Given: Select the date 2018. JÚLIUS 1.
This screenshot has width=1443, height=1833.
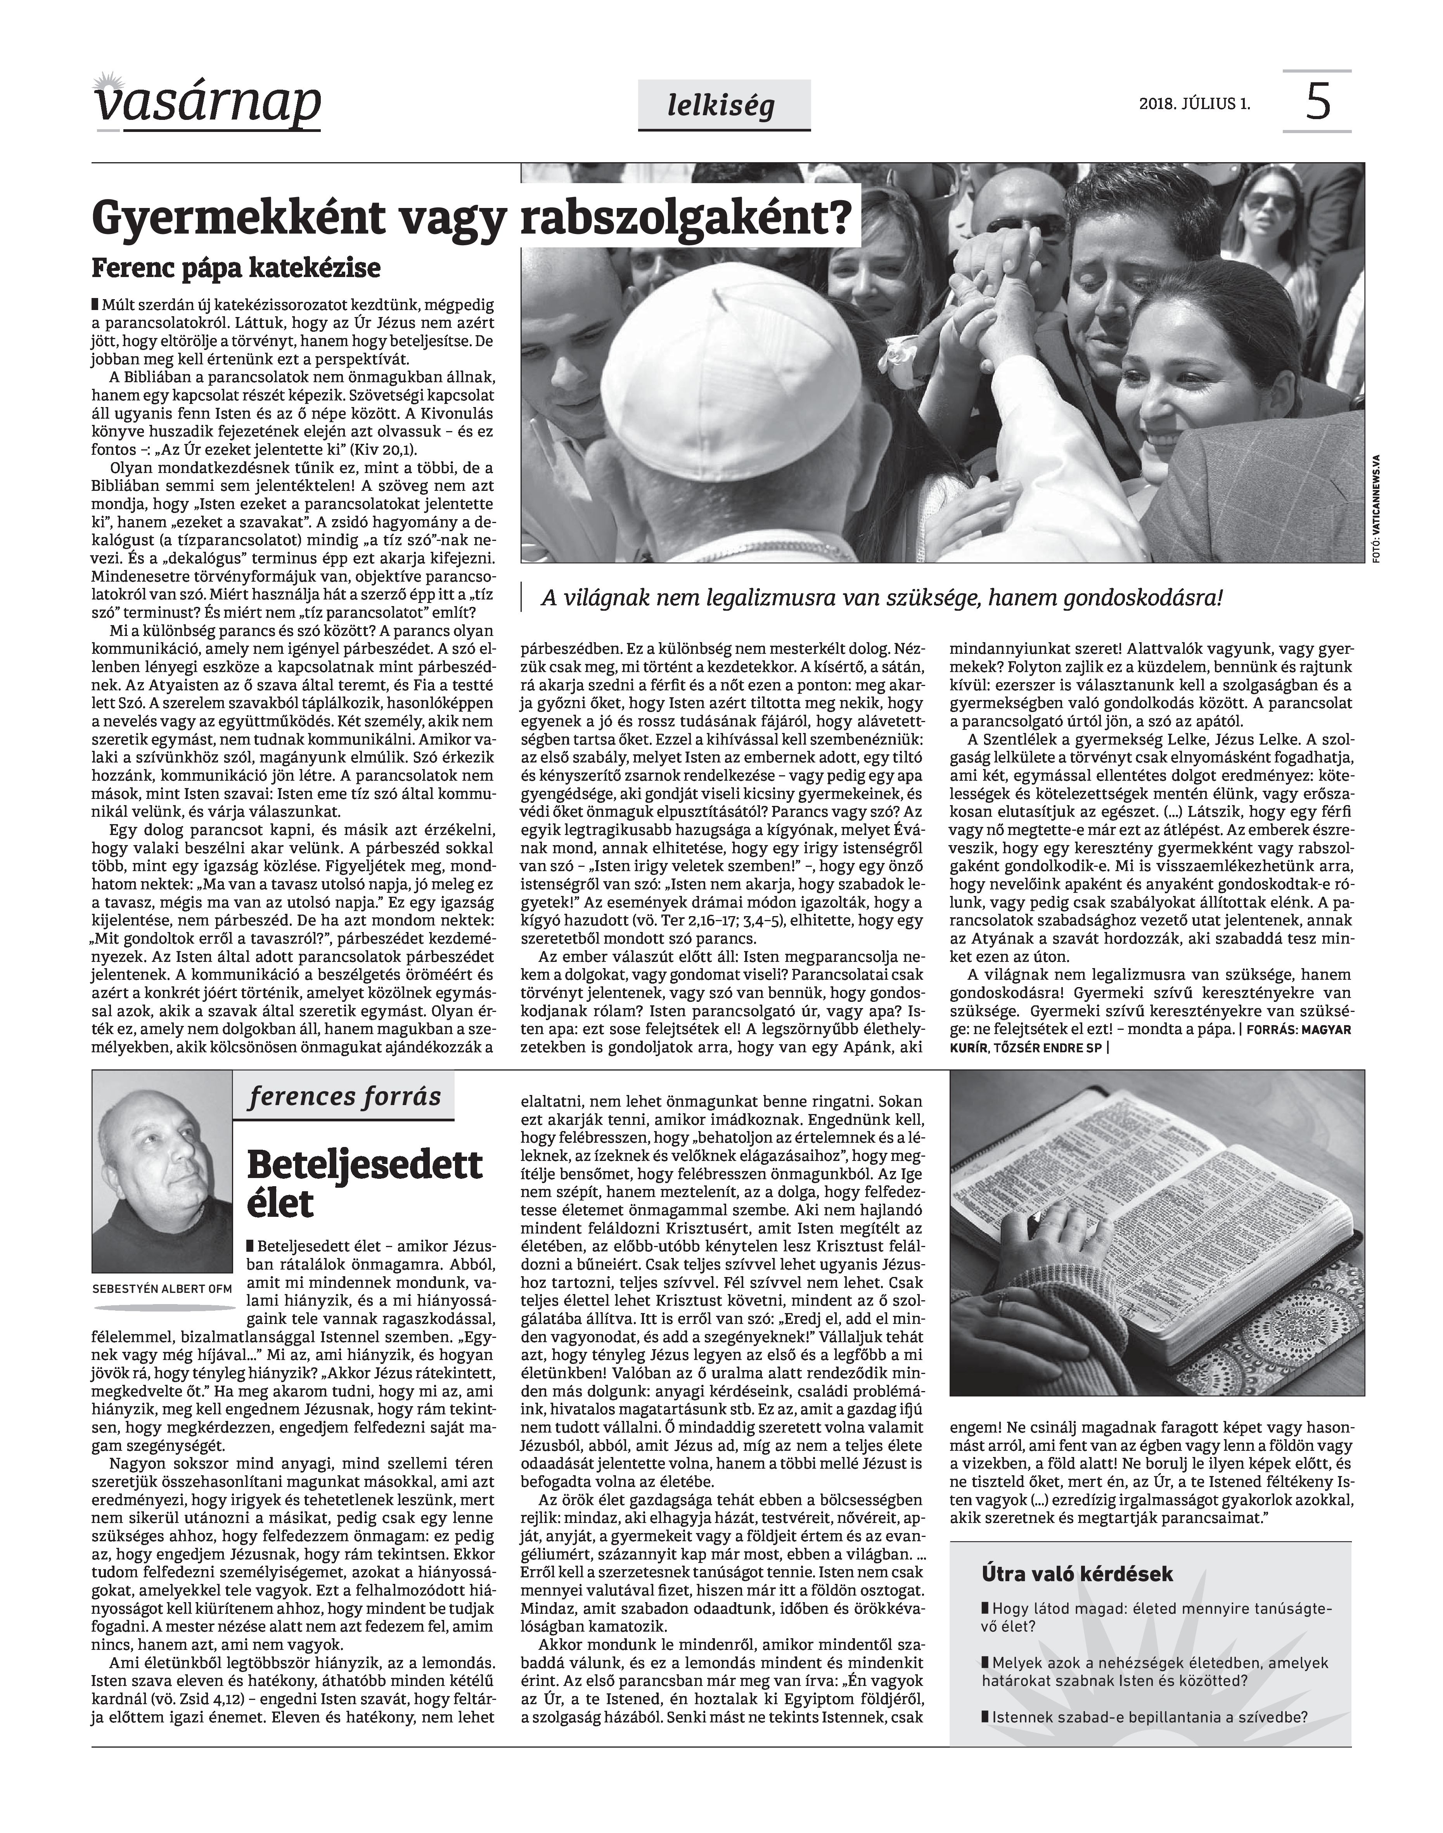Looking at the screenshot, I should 1195,105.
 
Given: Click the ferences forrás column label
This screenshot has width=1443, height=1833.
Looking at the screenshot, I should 345,1097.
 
